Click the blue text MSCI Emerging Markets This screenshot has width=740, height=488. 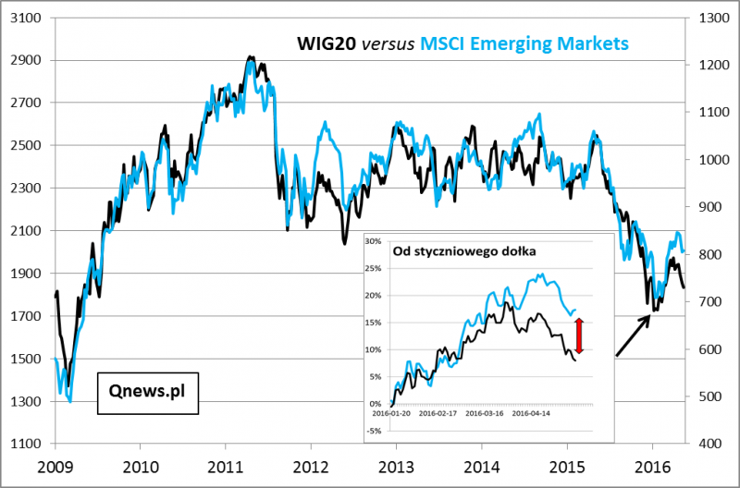pyautogui.click(x=524, y=43)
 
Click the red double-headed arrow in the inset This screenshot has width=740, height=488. pyautogui.click(x=579, y=335)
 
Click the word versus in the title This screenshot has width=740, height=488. pyautogui.click(x=388, y=43)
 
